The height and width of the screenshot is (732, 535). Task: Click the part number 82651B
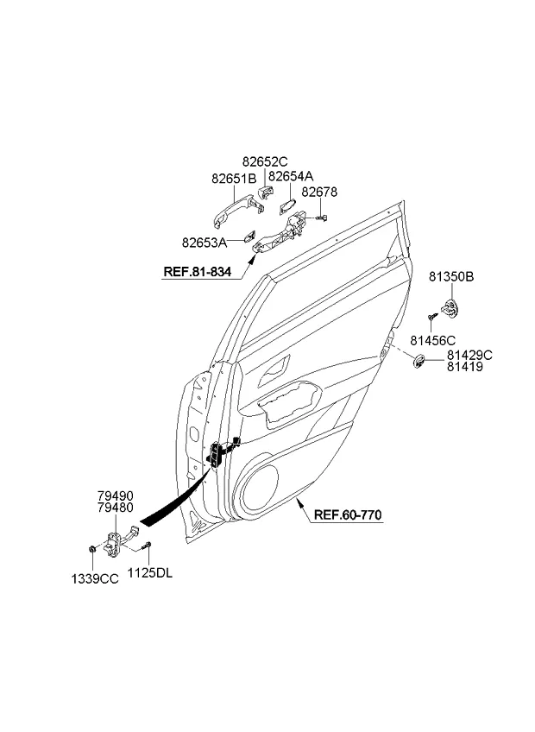click(234, 179)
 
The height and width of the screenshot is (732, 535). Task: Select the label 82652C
click(265, 161)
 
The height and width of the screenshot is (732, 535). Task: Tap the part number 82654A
click(291, 176)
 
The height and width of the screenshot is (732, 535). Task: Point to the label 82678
click(319, 192)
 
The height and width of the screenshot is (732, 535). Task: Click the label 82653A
click(205, 243)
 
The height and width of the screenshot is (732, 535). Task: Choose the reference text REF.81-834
click(197, 272)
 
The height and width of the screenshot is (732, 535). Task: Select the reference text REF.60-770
click(348, 515)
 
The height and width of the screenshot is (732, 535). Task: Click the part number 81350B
click(451, 277)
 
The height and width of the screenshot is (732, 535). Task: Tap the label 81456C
click(433, 340)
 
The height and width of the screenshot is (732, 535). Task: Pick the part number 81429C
click(469, 356)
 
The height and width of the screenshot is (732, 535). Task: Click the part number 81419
click(465, 367)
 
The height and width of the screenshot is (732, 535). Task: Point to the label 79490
click(116, 495)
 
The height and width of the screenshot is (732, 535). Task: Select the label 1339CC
click(95, 579)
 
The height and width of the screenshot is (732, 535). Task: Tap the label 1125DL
click(150, 573)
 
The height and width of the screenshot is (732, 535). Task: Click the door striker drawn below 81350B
click(450, 307)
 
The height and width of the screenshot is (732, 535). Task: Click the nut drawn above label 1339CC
click(92, 548)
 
